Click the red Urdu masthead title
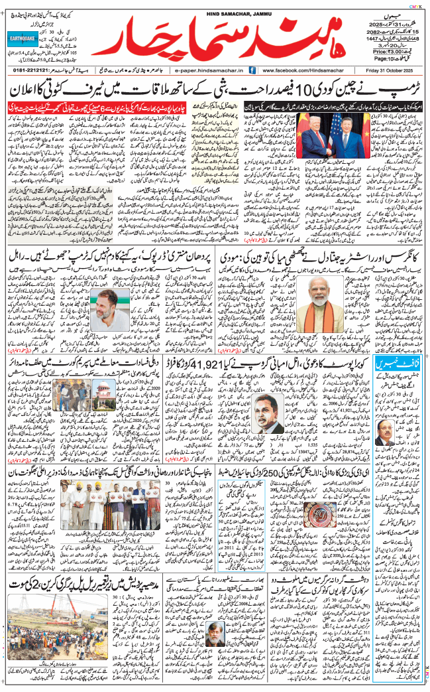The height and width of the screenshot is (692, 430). pos(219,40)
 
